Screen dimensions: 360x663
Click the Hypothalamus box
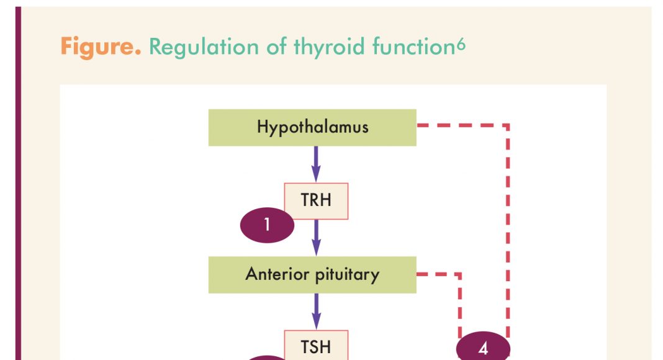click(312, 127)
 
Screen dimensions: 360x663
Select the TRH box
click(316, 201)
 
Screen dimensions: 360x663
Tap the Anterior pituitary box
click(312, 274)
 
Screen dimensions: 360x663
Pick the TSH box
click(316, 346)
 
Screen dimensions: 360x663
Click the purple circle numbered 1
click(267, 224)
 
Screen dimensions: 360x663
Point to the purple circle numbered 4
click(483, 348)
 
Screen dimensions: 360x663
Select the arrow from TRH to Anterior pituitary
click(316, 237)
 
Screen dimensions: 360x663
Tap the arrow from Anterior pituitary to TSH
click(316, 310)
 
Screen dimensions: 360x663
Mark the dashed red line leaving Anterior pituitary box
click(438, 274)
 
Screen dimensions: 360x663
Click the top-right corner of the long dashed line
click(508, 126)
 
